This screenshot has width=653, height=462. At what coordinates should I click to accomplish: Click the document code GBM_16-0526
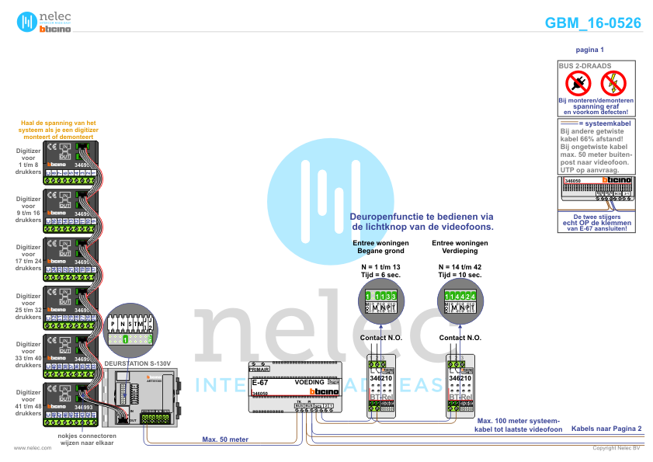(593, 23)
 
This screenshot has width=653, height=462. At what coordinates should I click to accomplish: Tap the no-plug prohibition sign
(578, 82)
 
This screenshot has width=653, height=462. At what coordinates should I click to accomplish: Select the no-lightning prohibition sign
(614, 82)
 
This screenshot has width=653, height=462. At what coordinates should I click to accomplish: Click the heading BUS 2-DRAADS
(585, 66)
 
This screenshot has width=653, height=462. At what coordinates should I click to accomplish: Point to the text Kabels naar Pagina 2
(606, 428)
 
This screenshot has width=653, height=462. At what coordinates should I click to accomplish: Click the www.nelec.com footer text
(33, 448)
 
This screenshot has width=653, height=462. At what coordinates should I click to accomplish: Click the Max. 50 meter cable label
(225, 439)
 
